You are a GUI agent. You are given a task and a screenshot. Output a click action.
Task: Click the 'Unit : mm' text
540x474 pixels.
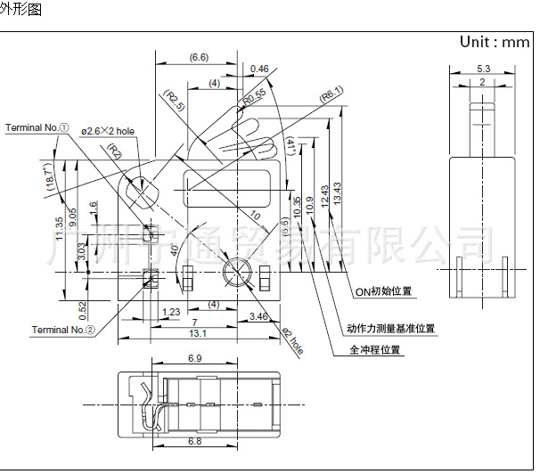click(x=495, y=42)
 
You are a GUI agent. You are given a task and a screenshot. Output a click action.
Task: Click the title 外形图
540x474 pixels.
click(x=21, y=9)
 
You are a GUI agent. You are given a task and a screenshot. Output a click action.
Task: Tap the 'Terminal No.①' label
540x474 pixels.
click(x=37, y=128)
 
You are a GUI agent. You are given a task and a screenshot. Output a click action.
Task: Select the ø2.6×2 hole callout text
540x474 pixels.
click(x=108, y=131)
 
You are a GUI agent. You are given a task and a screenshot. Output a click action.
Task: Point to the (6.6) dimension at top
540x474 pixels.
click(x=199, y=58)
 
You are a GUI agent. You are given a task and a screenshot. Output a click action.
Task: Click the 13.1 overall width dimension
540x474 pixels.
click(x=199, y=333)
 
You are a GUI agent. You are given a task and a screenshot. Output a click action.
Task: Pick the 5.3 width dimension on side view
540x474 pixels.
click(x=482, y=68)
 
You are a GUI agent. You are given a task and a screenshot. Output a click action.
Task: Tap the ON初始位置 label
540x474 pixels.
click(x=384, y=291)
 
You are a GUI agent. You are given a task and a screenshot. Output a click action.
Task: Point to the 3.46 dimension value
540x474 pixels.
click(x=259, y=316)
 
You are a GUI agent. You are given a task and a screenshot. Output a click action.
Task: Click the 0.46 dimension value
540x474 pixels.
click(x=259, y=69)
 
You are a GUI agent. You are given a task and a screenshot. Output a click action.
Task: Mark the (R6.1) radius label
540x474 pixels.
click(x=331, y=92)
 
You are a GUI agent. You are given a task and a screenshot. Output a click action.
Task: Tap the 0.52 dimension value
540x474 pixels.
click(x=82, y=309)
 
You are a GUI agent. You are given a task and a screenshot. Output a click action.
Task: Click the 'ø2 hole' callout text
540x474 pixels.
click(x=292, y=343)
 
